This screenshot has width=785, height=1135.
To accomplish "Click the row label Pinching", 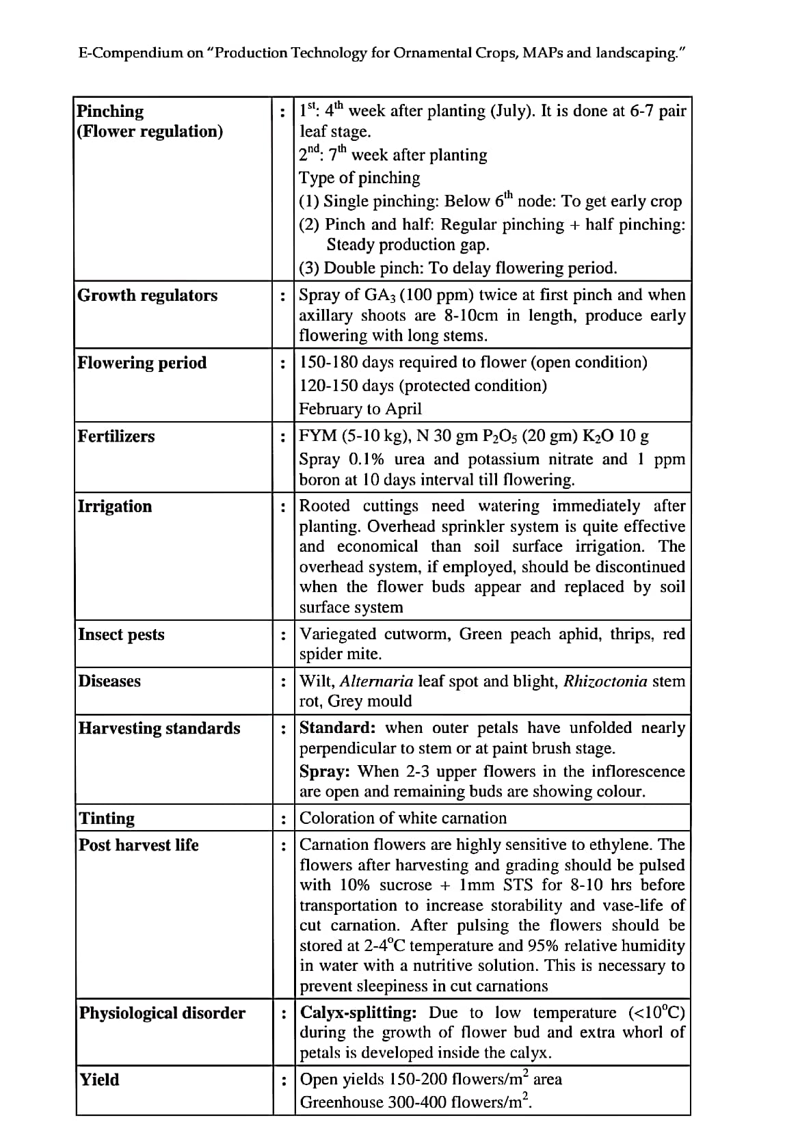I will pyautogui.click(x=110, y=111).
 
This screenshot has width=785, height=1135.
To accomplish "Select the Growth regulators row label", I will pyautogui.click(x=147, y=295).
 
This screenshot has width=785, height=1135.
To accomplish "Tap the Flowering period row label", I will pyautogui.click(x=142, y=362).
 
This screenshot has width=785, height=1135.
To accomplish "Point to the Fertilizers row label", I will pyautogui.click(x=116, y=436).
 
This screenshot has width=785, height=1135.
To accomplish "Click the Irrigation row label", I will pyautogui.click(x=115, y=506).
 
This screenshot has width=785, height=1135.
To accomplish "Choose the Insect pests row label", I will pyautogui.click(x=121, y=635).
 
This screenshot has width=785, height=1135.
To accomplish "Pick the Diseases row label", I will pyautogui.click(x=109, y=681).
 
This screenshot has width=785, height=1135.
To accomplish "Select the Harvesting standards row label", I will pyautogui.click(x=159, y=728).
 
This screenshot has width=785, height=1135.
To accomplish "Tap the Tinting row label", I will pyautogui.click(x=107, y=818).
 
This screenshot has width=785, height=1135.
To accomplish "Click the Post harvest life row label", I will pyautogui.click(x=138, y=845).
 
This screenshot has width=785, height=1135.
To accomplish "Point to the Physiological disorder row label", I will pyautogui.click(x=162, y=1013).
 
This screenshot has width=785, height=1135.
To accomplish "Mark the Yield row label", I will pyautogui.click(x=99, y=1080).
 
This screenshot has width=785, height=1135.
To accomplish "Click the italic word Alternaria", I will pyautogui.click(x=376, y=681).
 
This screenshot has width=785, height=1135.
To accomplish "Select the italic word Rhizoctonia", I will pyautogui.click(x=605, y=681).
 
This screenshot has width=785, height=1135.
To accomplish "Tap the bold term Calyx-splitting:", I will pyautogui.click(x=358, y=1013).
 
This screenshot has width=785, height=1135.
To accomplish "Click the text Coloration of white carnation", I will pyautogui.click(x=403, y=818).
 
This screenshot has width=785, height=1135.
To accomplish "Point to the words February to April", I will pyautogui.click(x=360, y=409).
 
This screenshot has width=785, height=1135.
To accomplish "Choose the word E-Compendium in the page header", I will pyautogui.click(x=131, y=53).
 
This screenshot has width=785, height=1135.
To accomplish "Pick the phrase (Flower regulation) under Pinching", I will pyautogui.click(x=150, y=131).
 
